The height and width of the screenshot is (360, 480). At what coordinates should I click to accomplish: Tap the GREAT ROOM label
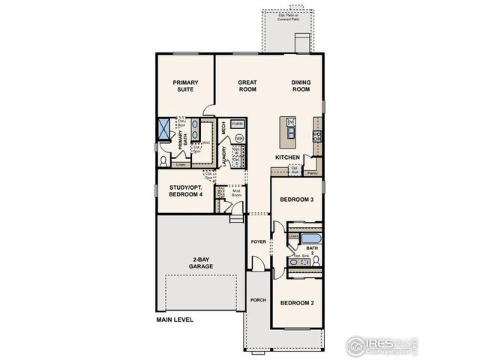(x=247, y=85)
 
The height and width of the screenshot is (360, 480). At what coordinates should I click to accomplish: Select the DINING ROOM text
(x=301, y=85)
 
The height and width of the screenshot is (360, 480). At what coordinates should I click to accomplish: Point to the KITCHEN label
(x=287, y=157)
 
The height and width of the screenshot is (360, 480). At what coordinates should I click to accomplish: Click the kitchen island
(x=289, y=131)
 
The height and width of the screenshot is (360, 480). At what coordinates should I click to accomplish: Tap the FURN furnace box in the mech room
(x=238, y=124)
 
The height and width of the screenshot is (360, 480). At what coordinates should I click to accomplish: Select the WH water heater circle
(x=238, y=139)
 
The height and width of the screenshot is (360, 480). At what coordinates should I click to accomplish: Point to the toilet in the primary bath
(x=165, y=158)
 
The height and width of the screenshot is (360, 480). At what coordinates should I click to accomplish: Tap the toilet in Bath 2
(x=316, y=260)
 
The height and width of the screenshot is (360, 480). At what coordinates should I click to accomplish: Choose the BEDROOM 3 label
(x=295, y=200)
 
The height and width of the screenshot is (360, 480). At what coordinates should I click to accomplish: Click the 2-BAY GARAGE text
(x=200, y=262)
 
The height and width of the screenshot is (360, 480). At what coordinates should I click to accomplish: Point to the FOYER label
(x=258, y=241)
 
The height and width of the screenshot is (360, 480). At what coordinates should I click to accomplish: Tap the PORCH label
(x=258, y=299)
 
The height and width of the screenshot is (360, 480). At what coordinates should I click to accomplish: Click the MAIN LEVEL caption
(x=175, y=319)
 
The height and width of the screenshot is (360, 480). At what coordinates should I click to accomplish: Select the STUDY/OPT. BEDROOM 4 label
(x=186, y=190)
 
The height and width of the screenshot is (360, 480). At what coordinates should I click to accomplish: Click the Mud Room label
(x=237, y=192)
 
